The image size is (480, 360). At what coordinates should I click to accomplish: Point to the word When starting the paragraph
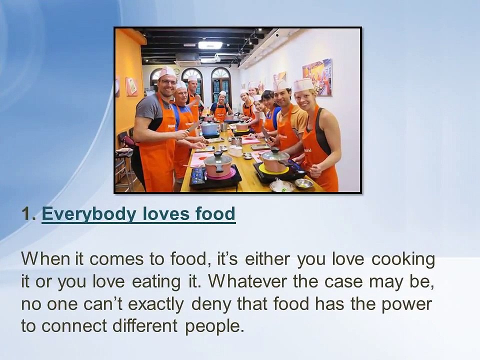click(45, 259)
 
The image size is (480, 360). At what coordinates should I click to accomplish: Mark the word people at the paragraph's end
click(214, 326)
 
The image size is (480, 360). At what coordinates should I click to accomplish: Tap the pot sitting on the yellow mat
click(275, 161)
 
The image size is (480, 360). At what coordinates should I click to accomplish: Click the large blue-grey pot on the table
click(209, 128)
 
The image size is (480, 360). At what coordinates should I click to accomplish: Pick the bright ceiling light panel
click(209, 45)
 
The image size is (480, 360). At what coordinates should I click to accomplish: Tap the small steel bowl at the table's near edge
click(304, 183)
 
